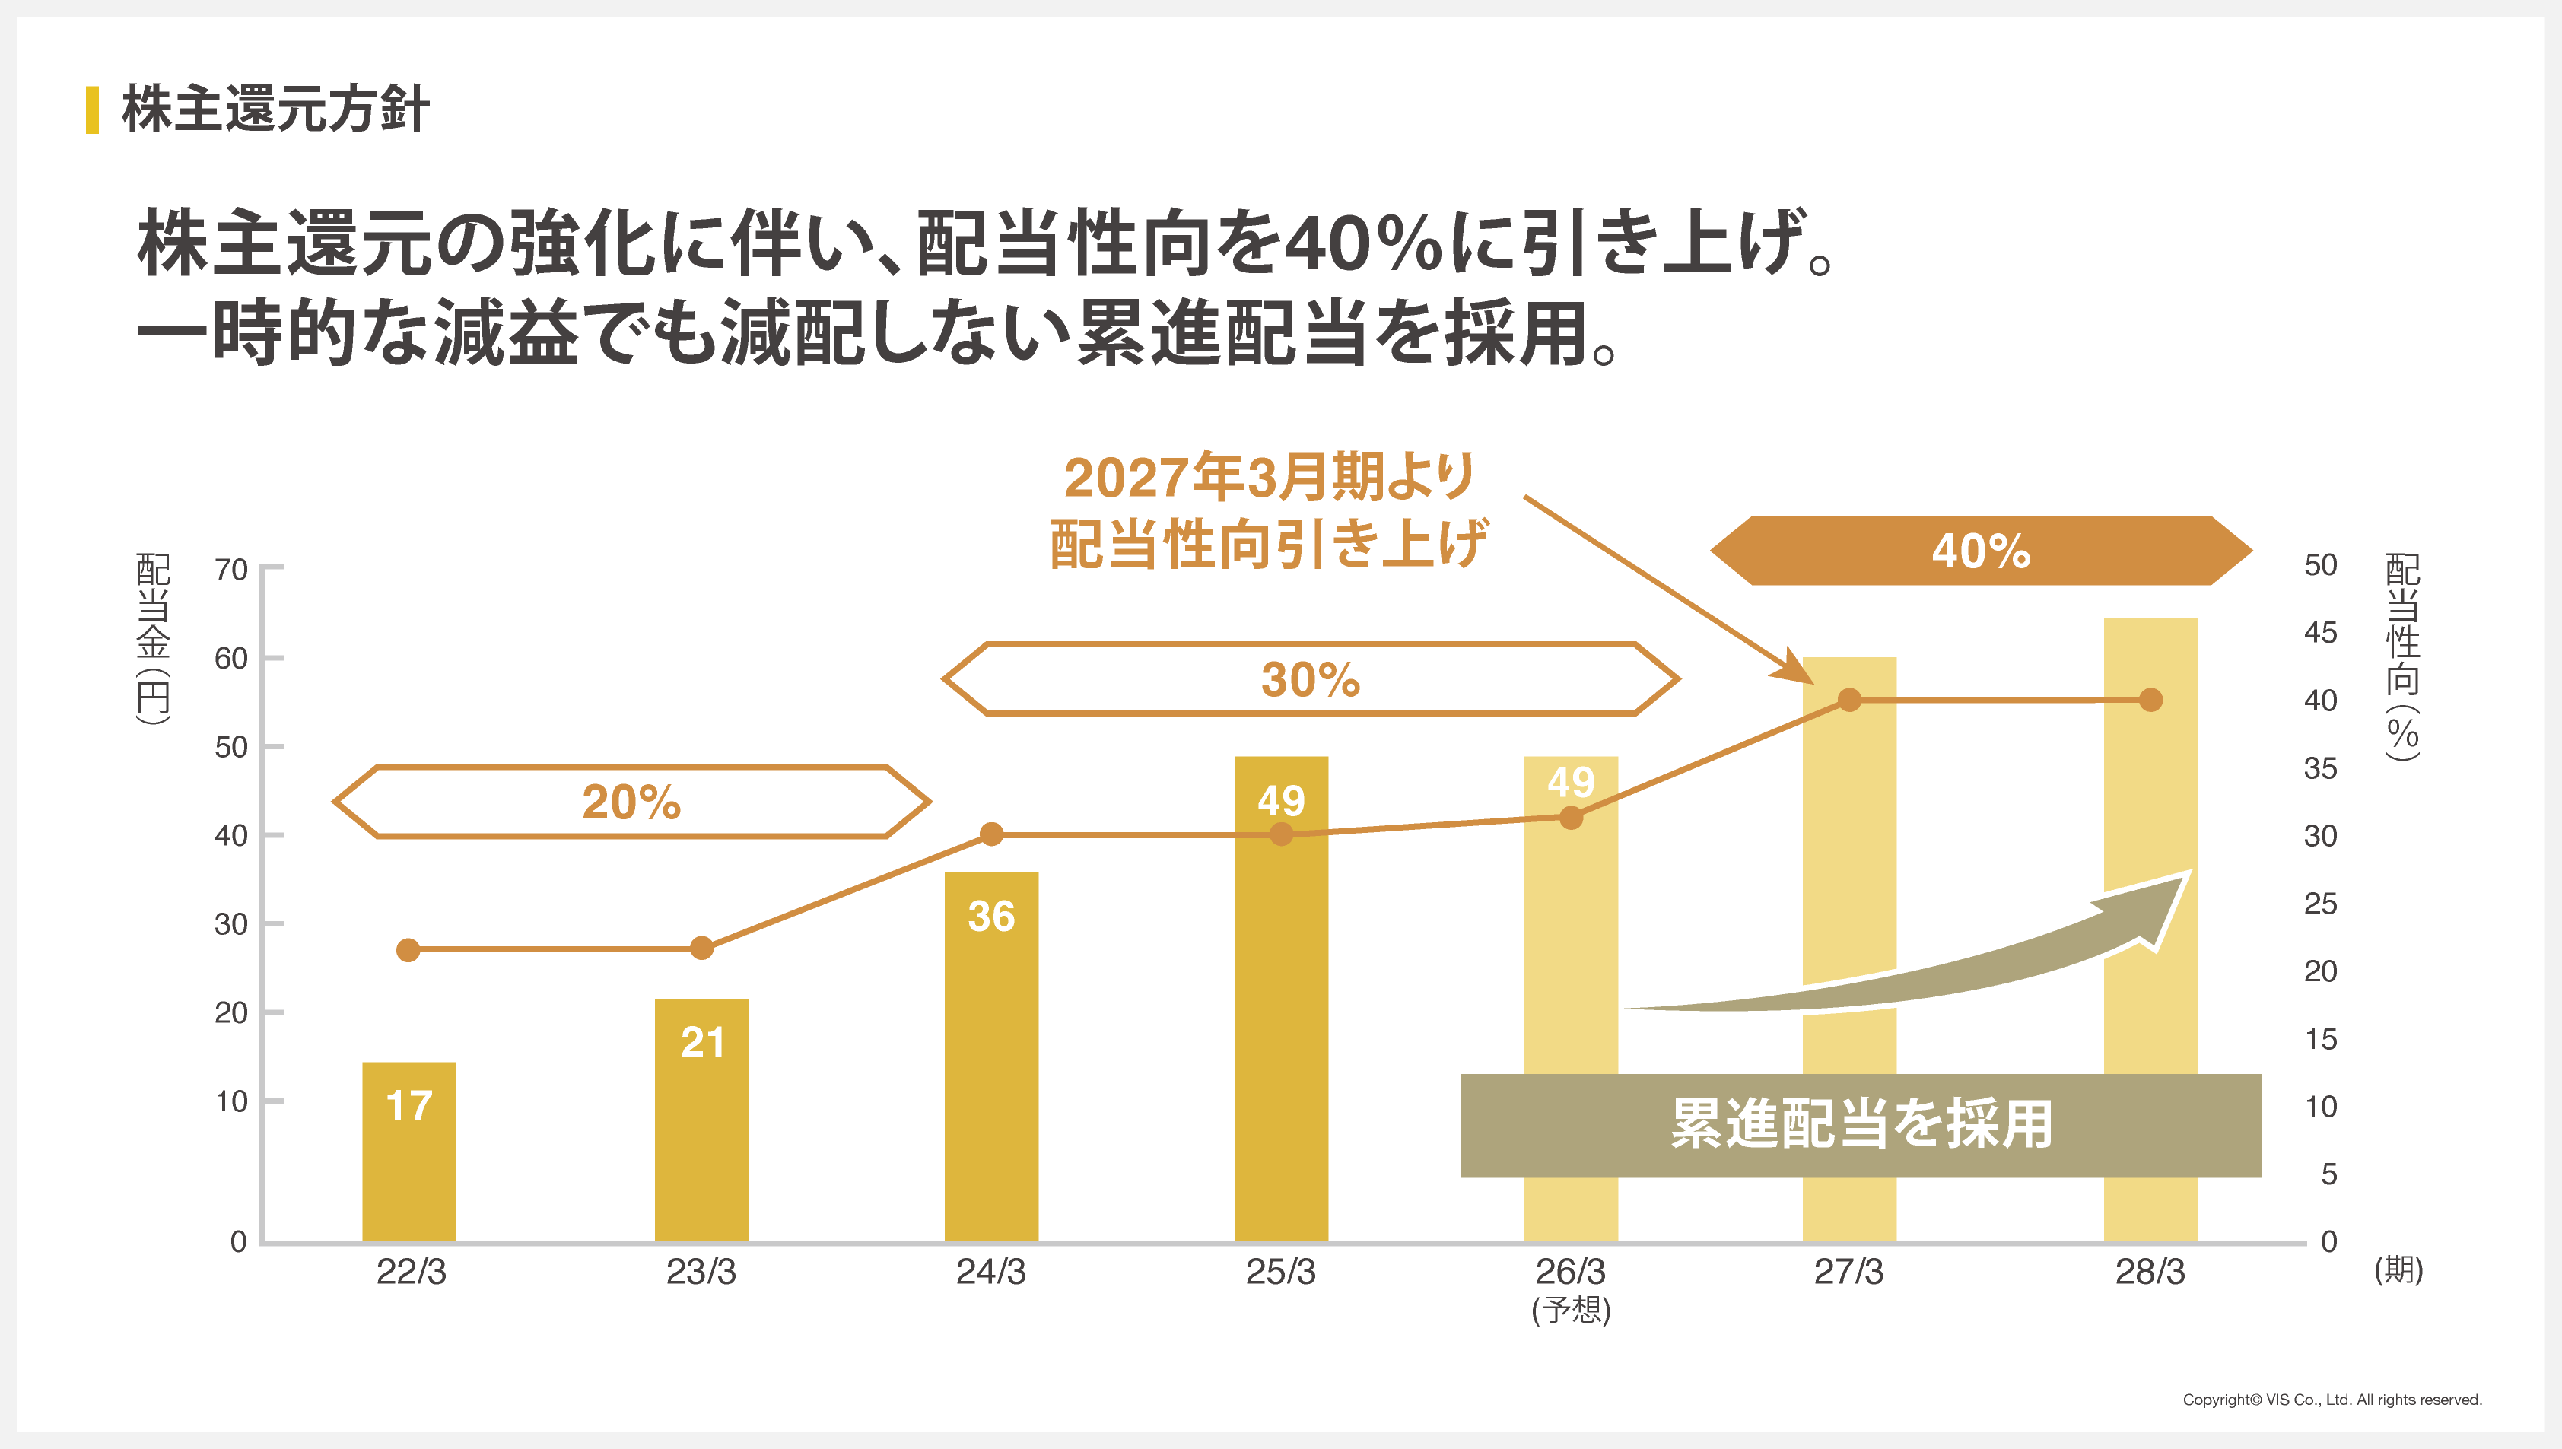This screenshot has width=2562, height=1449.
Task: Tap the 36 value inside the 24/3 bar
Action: tap(991, 917)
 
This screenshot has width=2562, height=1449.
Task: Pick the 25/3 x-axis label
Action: tap(1280, 1272)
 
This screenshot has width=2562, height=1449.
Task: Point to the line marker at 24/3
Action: tap(991, 834)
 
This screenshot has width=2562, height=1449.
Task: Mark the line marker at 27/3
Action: tap(1849, 700)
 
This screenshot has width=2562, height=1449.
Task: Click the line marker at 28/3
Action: tap(2150, 700)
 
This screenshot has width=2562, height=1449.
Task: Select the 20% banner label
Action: tap(631, 802)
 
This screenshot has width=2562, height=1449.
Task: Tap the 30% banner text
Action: tap(1309, 680)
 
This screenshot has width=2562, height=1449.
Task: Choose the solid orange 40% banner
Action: tap(1980, 551)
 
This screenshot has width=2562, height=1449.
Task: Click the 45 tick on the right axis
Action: tap(2320, 632)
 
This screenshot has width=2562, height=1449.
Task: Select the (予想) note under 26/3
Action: tap(1570, 1310)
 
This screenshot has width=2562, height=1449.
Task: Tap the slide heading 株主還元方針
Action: tap(275, 109)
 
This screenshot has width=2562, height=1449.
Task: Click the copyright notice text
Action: tap(2332, 1400)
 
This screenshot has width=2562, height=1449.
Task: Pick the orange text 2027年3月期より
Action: tap(1269, 477)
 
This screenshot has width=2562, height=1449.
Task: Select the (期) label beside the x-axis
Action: tap(2398, 1269)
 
